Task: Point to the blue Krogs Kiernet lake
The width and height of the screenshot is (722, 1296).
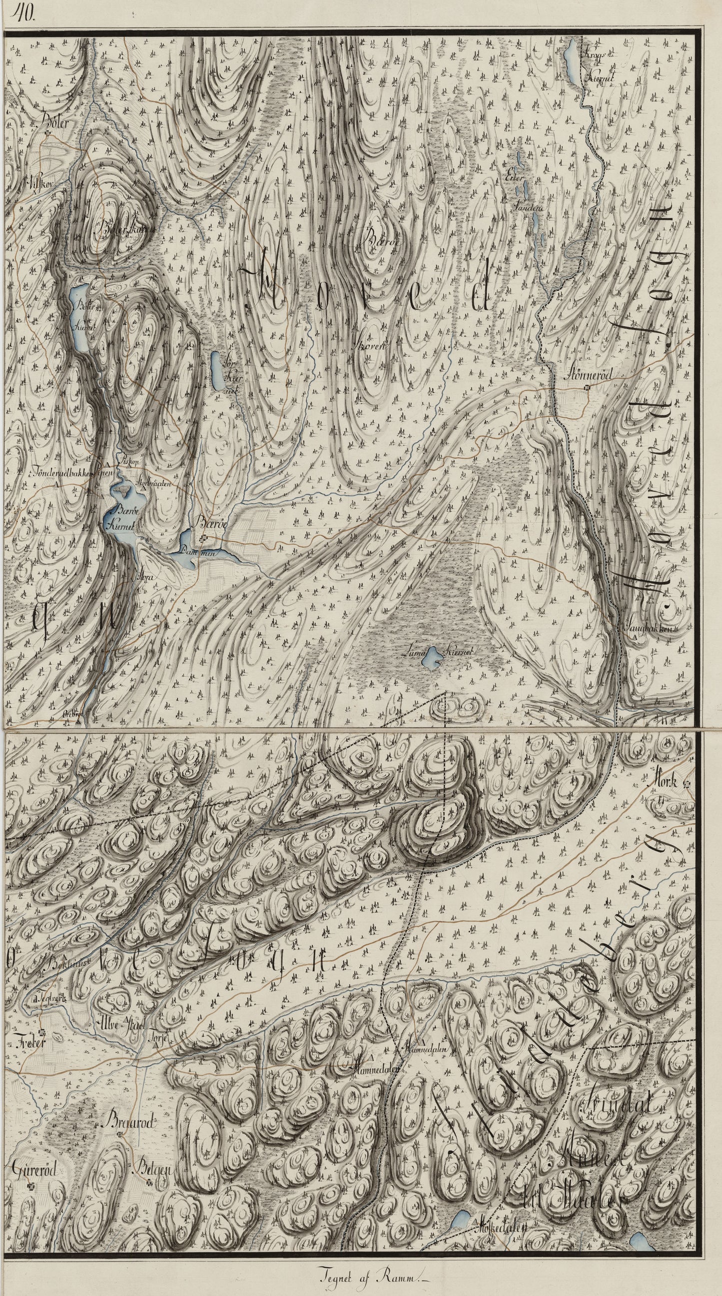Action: [x=574, y=55]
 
